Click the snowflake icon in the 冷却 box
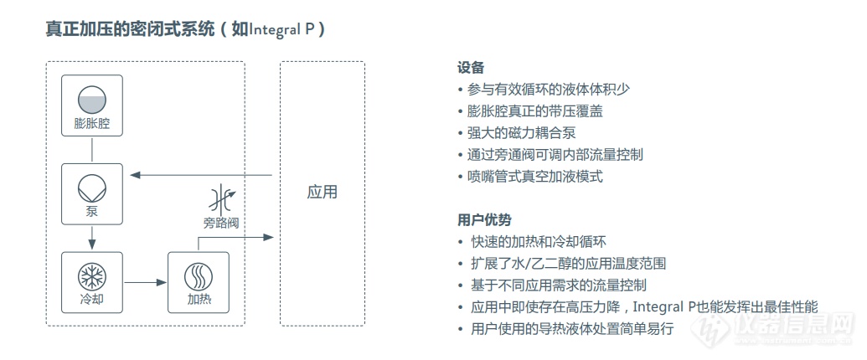click(92, 276)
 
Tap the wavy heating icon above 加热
click(198, 276)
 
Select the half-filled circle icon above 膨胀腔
click(92, 100)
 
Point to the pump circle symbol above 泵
click(92, 188)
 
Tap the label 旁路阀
click(220, 224)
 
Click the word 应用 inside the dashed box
click(322, 193)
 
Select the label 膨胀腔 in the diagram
click(92, 123)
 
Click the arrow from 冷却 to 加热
click(146, 283)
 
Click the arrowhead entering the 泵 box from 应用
click(135, 175)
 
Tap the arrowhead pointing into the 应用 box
click(269, 237)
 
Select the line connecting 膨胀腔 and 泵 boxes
click(92, 149)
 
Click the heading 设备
click(471, 68)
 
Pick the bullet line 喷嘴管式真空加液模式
click(534, 177)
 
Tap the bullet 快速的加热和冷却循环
click(538, 242)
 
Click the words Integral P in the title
click(282, 29)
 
